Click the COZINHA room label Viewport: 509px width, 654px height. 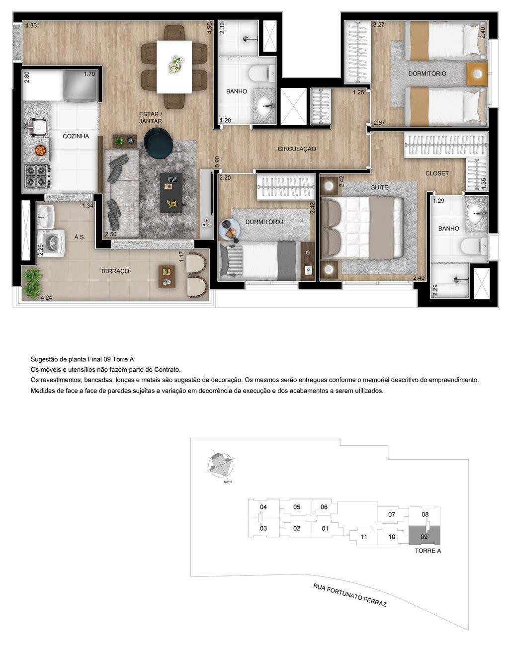pyautogui.click(x=76, y=136)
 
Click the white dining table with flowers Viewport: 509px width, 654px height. pyautogui.click(x=174, y=66)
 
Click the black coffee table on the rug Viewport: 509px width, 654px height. pyautogui.click(x=172, y=192)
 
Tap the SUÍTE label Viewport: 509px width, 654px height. pyautogui.click(x=379, y=187)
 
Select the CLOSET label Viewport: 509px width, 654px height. pyautogui.click(x=437, y=173)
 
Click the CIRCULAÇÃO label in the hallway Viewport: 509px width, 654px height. pyautogui.click(x=297, y=149)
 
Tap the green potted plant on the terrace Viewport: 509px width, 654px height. pyautogui.click(x=32, y=281)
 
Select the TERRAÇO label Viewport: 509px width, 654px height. pyautogui.click(x=115, y=271)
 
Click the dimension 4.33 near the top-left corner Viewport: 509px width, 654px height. pyautogui.click(x=31, y=25)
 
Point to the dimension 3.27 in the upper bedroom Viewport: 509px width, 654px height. pyautogui.click(x=379, y=24)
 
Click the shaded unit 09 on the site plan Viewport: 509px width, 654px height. pyautogui.click(x=424, y=536)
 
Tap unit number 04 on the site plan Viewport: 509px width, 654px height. pyautogui.click(x=263, y=507)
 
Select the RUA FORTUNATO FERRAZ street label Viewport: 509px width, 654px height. pyautogui.click(x=349, y=595)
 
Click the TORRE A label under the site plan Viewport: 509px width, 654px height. pyautogui.click(x=428, y=551)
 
